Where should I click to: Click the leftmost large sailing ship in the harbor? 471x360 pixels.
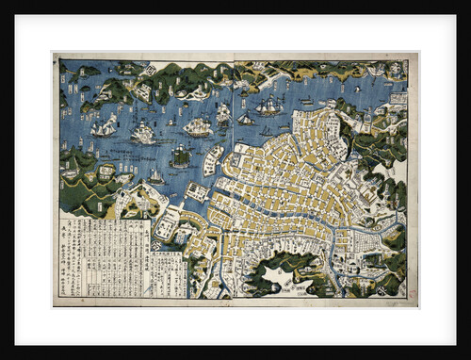(x=103, y=126)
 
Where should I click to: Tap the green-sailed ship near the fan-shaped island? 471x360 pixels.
(x=180, y=156)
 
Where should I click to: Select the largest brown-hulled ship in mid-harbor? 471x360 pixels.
(x=198, y=126)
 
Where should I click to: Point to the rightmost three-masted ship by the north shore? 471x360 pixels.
(x=269, y=105)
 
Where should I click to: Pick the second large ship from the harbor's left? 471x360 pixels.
(x=143, y=134)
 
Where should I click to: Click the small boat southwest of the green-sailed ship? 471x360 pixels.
(x=155, y=176)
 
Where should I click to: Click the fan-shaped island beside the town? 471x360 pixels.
(x=214, y=159)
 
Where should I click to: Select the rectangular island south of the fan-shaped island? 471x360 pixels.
(x=197, y=191)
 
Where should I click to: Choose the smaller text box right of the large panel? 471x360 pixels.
(x=169, y=273)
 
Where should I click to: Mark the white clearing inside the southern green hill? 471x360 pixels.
(x=283, y=276)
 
